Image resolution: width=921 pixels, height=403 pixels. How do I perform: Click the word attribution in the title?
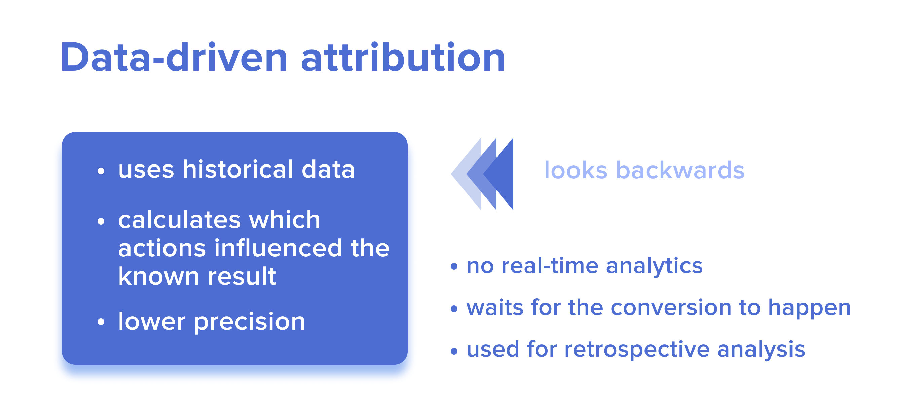(403, 57)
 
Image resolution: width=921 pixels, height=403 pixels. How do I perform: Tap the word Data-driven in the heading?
(174, 57)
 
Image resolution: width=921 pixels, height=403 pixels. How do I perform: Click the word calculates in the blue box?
(180, 220)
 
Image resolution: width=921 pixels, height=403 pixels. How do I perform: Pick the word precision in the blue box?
(249, 322)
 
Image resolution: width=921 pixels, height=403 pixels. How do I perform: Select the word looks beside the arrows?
(576, 170)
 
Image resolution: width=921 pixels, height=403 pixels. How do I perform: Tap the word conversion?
(671, 307)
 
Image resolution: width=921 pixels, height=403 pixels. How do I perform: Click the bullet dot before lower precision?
(101, 322)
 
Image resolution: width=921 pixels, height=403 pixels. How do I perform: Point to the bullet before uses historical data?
(101, 171)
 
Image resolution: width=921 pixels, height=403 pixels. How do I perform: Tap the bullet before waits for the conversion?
(454, 308)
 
